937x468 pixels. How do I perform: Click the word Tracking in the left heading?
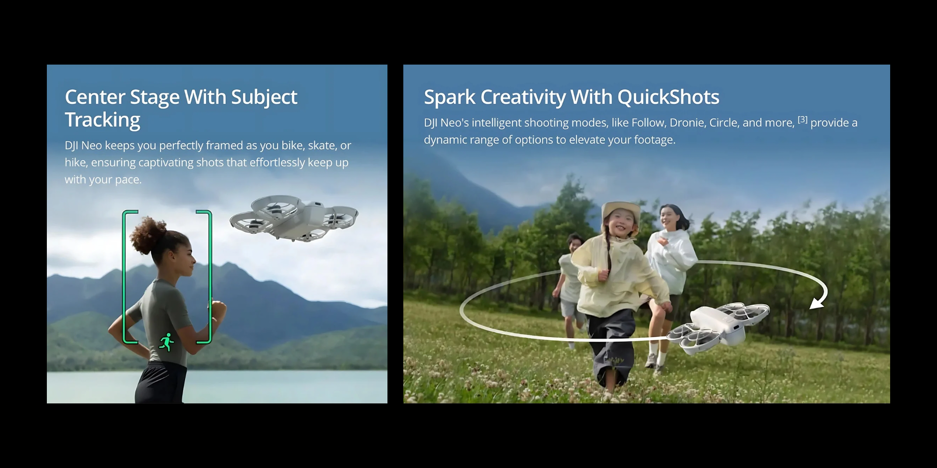click(103, 120)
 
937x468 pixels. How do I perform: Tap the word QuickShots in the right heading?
click(668, 97)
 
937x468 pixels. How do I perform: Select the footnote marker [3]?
click(803, 119)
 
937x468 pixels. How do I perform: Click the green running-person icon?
click(166, 342)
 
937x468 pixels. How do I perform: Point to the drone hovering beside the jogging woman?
click(294, 218)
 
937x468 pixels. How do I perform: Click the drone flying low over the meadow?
click(718, 326)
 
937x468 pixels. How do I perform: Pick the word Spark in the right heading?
click(450, 97)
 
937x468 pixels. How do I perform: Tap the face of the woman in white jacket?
click(669, 217)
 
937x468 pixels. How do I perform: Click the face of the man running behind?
click(575, 245)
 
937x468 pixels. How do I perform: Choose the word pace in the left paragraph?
click(128, 180)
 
